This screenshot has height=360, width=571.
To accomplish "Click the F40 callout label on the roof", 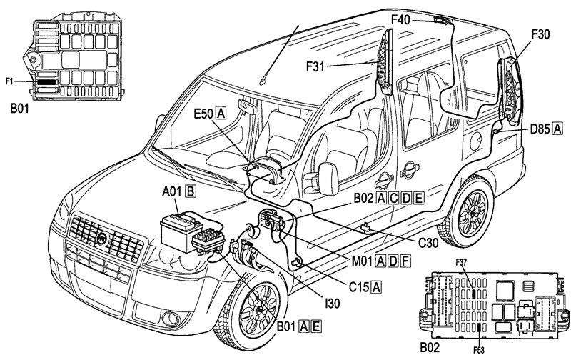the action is coord(400,19).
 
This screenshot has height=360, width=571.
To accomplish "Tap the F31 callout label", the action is coord(315,66).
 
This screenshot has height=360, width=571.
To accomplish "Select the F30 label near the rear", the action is coord(540,34).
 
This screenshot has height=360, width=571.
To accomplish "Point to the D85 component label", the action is coord(540,129).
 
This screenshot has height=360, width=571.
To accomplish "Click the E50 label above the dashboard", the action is coord(203,114).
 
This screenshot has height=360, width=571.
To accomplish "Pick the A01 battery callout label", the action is coord(172,191).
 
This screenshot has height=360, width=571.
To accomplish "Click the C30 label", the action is coord(428,243).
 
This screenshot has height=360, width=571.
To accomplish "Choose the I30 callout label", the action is coord(332,303).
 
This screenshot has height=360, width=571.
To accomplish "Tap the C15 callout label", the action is coord(359,287).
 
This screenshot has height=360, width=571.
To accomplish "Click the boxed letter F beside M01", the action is coord(405,261).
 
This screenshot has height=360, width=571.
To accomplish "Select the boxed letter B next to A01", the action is coord(191,191).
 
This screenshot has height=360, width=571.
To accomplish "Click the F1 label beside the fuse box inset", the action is coord(9,81).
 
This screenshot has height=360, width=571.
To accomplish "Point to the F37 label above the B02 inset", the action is coord(460,261).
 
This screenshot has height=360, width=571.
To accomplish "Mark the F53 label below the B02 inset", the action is coord(479,350).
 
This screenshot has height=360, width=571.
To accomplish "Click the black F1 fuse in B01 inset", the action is coord(46,82).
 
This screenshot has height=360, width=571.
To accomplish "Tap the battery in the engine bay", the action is coord(177,231).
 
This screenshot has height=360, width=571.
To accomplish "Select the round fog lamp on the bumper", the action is coord(171,319).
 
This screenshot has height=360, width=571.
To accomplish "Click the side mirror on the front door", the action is coord(328,178).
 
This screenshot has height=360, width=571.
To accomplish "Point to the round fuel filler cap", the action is coord(476,141).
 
